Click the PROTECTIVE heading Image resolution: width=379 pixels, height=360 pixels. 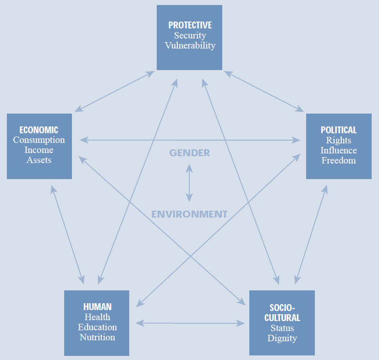click(190, 25)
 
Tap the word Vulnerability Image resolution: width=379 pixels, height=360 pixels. click(190, 45)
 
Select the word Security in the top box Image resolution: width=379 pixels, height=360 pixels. click(190, 35)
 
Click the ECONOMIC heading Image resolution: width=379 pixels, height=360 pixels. click(39, 130)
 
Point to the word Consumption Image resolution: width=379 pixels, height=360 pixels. click(39, 140)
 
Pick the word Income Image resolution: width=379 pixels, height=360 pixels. click(39, 150)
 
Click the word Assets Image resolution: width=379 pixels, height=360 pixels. click(39, 160)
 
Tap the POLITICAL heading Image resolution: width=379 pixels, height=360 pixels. click(339, 130)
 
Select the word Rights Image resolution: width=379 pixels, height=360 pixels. click(339, 140)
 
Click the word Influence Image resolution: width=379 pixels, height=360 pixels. click(339, 150)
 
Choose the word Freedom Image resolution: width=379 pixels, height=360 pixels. click(339, 160)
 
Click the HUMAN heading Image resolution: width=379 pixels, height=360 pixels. click(97, 307)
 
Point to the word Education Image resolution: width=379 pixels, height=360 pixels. click(97, 327)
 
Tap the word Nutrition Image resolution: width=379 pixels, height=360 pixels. click(97, 337)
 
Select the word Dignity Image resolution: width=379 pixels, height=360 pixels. click(282, 338)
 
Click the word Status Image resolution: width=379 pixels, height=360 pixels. click(282, 328)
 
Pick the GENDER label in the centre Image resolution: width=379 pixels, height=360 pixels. click(189, 153)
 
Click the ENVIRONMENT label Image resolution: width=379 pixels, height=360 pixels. click(189, 214)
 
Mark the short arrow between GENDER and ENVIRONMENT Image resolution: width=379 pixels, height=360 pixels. click(189, 183)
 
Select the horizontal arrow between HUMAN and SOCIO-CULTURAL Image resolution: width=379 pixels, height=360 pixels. click(190, 323)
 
